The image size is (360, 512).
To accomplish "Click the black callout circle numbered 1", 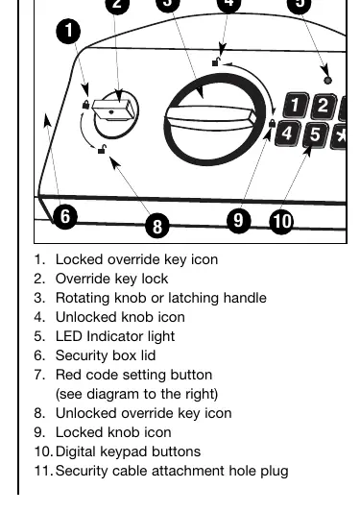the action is coord(68,32).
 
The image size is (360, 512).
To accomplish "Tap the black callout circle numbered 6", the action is coord(65,216).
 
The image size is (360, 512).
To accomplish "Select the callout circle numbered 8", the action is coord(157,226).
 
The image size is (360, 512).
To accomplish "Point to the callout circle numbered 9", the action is coord(239,221).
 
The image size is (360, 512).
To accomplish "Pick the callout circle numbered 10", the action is coord(281,222).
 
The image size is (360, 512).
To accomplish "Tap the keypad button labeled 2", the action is coord(323,106).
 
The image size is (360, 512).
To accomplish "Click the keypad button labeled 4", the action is coord(287,134).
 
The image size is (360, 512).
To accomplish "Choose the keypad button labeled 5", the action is coord(315,135).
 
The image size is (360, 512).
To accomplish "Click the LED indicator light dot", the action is coord(327,81).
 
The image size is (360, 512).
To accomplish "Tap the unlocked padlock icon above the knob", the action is coord(216,61).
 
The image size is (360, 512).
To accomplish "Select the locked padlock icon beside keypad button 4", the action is coord(272,123).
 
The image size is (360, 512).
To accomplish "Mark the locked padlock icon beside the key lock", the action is coord(85,105).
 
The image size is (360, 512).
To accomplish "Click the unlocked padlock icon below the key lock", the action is coord(103,149).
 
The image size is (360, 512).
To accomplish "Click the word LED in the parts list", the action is coord(69,336).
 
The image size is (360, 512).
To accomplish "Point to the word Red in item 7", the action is coord(67,375).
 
